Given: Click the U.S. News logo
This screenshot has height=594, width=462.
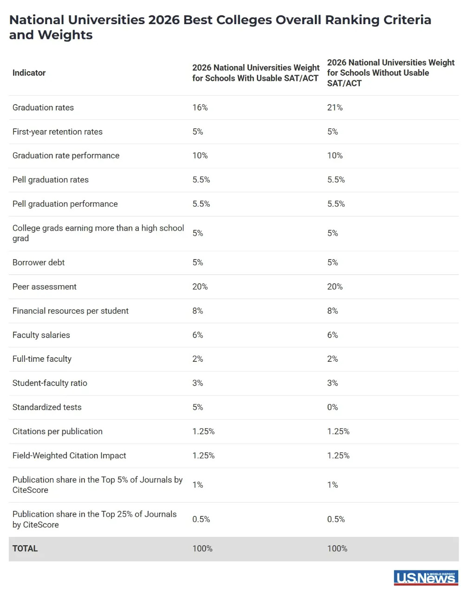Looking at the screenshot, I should [x=425, y=577].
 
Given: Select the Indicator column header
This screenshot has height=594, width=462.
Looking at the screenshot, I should [x=29, y=73].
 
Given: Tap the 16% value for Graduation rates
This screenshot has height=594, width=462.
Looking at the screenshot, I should [x=200, y=108].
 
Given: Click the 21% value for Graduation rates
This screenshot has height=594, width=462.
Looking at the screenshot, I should [x=335, y=108].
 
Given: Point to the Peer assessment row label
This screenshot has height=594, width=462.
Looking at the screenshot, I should [x=45, y=287].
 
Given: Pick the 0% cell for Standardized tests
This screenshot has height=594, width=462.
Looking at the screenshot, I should [x=332, y=407].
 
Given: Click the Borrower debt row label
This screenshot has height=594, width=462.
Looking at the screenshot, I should [x=39, y=263].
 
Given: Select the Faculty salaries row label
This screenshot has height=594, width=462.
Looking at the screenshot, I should [x=41, y=335].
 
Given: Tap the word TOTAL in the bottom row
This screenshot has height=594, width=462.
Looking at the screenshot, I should [x=25, y=549].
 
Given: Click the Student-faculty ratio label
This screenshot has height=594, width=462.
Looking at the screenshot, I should [x=50, y=383].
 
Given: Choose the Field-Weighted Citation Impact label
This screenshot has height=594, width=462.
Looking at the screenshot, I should [x=69, y=456].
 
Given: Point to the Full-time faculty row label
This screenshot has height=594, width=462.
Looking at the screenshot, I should [x=42, y=359].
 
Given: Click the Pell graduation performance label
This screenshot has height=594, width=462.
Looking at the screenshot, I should [x=65, y=204].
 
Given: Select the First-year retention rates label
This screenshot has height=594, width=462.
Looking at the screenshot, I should [x=58, y=132].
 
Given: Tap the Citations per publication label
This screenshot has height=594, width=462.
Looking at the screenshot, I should [x=58, y=431].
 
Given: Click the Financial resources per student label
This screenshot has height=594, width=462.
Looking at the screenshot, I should [x=71, y=311].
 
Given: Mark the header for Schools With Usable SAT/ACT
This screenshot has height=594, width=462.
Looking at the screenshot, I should [x=256, y=73].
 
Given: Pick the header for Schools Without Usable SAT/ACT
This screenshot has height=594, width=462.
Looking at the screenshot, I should [x=390, y=73].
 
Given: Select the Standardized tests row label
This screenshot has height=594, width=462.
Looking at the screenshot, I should [x=47, y=407].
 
